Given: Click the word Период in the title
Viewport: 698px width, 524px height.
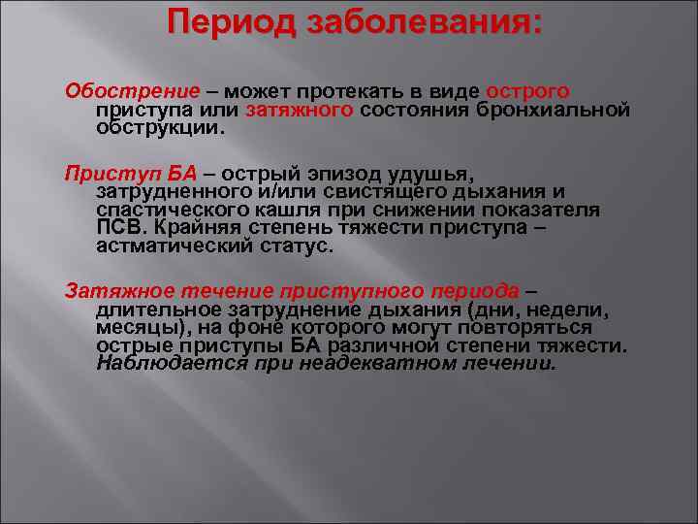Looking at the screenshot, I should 227,22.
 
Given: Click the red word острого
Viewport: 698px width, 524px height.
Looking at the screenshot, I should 527,90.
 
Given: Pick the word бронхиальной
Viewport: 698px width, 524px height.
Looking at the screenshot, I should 557,110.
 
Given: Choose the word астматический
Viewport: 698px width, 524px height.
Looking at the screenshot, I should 174,246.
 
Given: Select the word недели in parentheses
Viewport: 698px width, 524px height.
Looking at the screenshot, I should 565,311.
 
